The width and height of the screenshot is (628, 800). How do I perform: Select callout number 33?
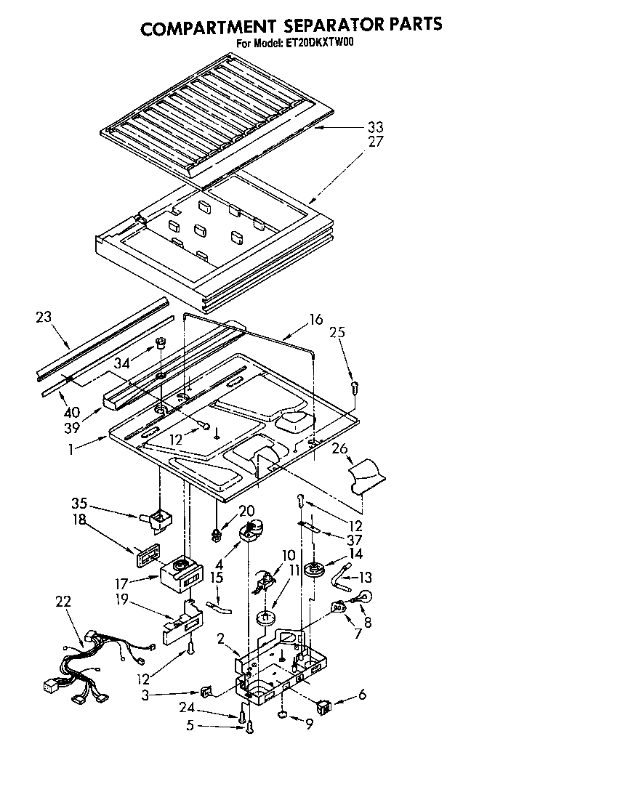pos(375,127)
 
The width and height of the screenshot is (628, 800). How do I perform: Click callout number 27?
pos(375,142)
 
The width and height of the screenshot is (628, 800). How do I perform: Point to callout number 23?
pos(44,316)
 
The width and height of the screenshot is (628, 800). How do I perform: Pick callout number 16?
pos(315,318)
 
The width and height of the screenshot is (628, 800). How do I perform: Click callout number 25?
pos(337,332)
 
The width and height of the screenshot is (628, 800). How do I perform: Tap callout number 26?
pos(339,448)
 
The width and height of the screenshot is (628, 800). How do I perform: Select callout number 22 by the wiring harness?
pos(63,600)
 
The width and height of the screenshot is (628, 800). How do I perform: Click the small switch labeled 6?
pos(323,704)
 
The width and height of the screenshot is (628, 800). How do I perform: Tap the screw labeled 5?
pos(249,725)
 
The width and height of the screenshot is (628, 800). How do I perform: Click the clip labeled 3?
pos(206,692)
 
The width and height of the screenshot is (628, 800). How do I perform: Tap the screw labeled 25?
pos(354,387)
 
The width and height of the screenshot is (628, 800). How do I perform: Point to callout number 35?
pos(79,502)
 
